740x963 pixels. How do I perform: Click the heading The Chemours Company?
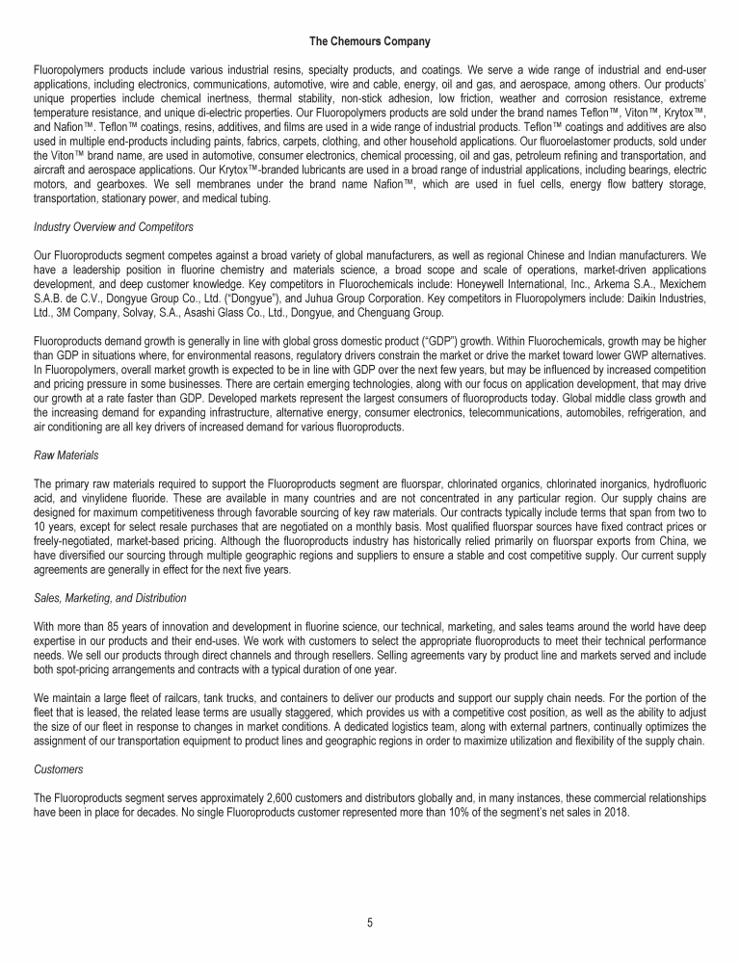[x=369, y=41]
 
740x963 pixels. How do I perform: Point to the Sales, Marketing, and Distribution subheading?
[x=110, y=599]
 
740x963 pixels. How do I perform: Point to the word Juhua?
[x=331, y=299]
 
